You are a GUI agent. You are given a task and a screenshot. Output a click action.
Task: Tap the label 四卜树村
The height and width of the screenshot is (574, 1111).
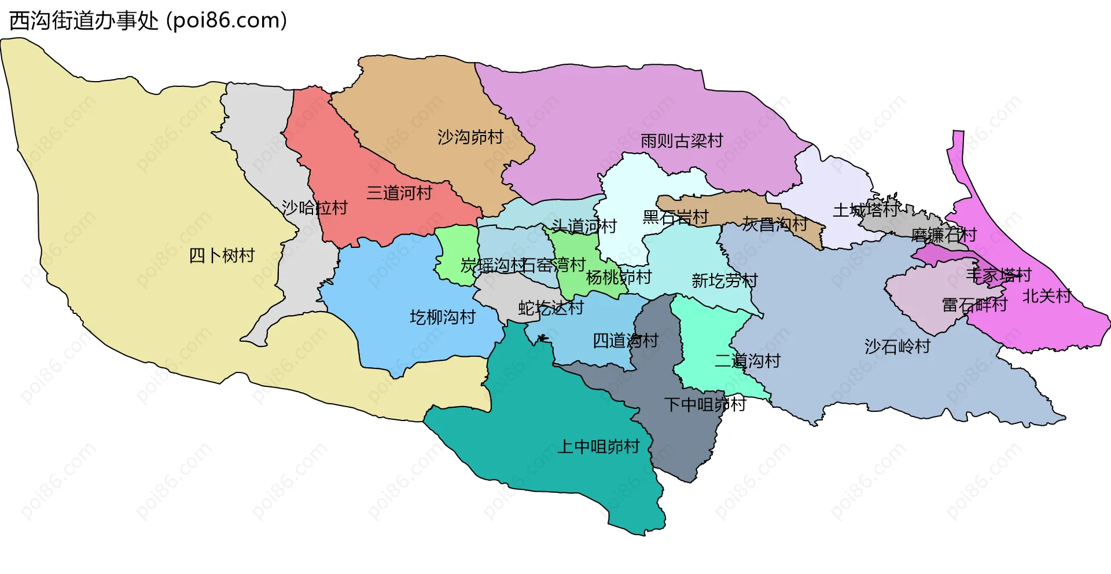[x=222, y=255]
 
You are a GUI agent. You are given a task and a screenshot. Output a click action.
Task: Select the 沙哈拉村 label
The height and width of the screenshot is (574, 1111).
[x=314, y=207]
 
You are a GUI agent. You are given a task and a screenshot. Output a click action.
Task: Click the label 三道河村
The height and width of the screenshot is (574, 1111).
[x=399, y=193]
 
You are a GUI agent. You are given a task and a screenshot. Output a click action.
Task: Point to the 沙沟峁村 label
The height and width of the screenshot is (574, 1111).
[x=470, y=137]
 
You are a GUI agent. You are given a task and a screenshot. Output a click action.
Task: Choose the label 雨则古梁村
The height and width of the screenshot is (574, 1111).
[x=682, y=141]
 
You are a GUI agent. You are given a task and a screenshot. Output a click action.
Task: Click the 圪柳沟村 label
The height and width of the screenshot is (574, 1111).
[x=443, y=317]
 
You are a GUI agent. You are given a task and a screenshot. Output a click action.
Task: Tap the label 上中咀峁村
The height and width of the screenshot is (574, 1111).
[x=598, y=447]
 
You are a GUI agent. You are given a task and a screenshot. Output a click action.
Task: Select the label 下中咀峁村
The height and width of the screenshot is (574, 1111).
[x=705, y=404]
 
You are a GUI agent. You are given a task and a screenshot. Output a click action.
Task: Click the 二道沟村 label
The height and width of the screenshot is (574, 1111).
[x=748, y=361]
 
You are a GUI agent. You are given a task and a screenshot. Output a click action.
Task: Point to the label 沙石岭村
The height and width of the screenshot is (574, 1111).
[x=897, y=346]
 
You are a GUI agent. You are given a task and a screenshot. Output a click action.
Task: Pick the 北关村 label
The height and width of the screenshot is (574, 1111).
[x=1047, y=296]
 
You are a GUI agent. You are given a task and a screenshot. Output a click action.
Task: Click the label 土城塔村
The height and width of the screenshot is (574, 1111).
[x=866, y=210]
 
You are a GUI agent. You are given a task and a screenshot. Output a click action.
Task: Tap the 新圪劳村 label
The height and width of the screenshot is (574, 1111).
[x=724, y=281]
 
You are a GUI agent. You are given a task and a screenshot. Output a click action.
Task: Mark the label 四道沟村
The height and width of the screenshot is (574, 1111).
[x=626, y=341]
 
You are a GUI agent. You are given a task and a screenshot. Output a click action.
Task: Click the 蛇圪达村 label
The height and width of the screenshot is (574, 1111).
[x=551, y=308]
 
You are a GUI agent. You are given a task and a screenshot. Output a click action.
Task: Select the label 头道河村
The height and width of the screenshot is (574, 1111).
[x=584, y=226]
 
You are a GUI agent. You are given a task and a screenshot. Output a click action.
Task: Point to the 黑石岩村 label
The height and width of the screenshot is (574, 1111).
[x=675, y=217]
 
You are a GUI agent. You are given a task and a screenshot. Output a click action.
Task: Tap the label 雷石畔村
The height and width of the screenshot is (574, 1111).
[x=974, y=305]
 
